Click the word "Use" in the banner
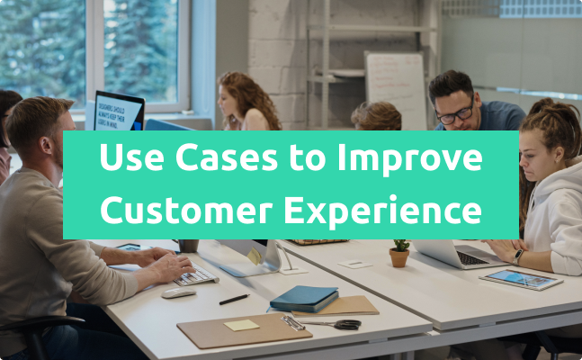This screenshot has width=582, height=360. click(129, 160)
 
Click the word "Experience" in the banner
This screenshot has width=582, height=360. click(391, 210)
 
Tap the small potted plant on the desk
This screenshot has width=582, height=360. click(399, 254)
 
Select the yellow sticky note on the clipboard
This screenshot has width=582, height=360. click(241, 325)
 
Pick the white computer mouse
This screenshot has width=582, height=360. click(178, 292)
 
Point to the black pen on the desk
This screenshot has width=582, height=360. click(234, 299)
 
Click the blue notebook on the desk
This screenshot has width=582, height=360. click(304, 298)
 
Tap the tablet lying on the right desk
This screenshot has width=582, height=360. click(521, 279)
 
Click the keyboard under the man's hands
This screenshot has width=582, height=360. click(196, 274)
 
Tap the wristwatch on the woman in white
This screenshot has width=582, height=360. click(517, 256)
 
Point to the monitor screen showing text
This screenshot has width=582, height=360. click(118, 112)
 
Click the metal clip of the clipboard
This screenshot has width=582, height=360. click(292, 322)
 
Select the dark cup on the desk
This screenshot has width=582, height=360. click(188, 245)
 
